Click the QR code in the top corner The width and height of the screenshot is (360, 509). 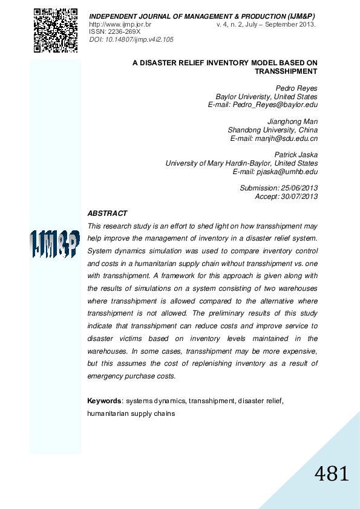[55, 30]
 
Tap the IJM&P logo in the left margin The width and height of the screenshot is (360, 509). [55, 244]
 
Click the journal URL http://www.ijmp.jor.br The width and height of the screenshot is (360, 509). [120, 25]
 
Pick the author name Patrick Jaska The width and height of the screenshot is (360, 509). [296, 155]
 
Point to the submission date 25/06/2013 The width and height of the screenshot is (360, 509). [299, 188]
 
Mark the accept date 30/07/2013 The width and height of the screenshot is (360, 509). [299, 196]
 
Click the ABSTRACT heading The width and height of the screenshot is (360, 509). [107, 213]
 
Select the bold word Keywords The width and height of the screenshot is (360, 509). [105, 401]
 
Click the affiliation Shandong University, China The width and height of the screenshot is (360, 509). [272, 130]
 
